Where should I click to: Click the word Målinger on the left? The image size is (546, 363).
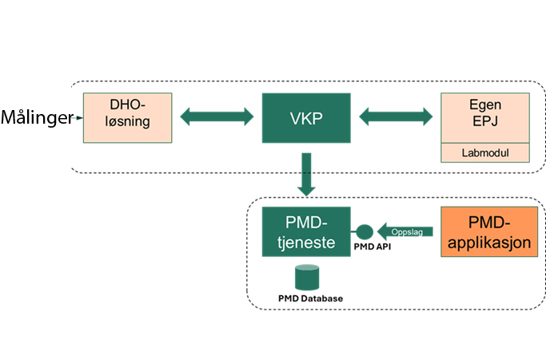point(37,118)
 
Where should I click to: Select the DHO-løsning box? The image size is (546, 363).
point(128,117)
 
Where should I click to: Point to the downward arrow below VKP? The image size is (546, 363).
point(307,173)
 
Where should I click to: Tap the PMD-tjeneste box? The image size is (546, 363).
point(302,231)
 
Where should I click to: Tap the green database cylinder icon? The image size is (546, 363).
point(307,278)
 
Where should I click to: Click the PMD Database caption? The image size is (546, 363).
point(310,298)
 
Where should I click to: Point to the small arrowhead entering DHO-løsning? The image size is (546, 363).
point(81,118)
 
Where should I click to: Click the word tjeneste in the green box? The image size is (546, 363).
point(302,241)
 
